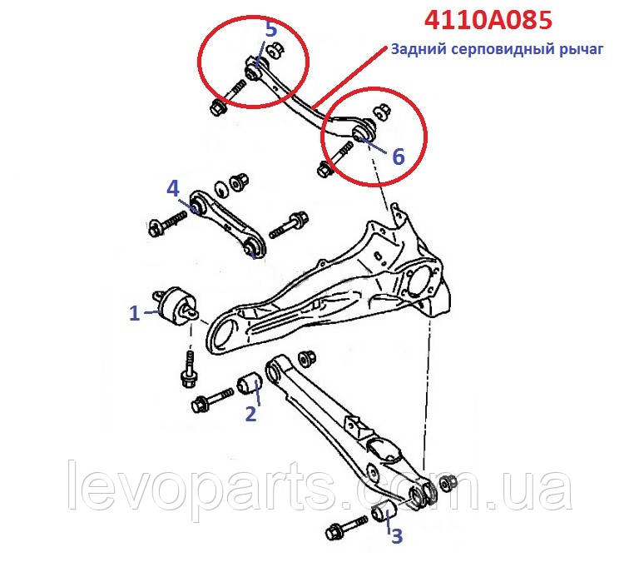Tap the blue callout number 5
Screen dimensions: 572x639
(270, 29)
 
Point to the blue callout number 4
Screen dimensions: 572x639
(172, 188)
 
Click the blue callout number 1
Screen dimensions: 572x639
(134, 313)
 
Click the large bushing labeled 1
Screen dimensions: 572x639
(177, 306)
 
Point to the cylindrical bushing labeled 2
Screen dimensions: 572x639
(250, 384)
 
